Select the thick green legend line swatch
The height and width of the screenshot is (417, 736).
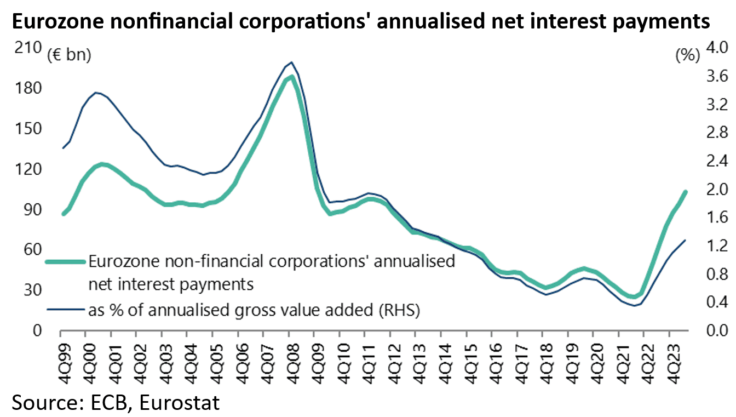[65, 262]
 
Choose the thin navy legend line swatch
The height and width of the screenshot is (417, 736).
[65, 311]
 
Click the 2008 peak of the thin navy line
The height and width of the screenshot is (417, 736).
[291, 62]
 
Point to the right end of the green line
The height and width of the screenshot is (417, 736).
[686, 191]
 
